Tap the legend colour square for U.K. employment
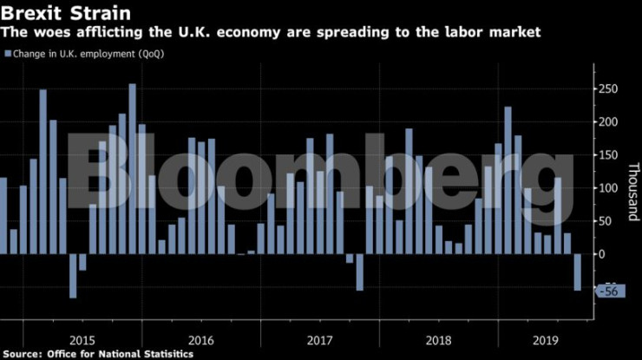8,54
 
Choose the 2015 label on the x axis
82,339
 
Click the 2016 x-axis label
200,339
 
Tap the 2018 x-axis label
438,339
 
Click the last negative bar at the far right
577,272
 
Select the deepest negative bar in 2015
73,276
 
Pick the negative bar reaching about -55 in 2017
359,272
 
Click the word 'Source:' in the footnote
23,354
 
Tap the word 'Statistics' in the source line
164,354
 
